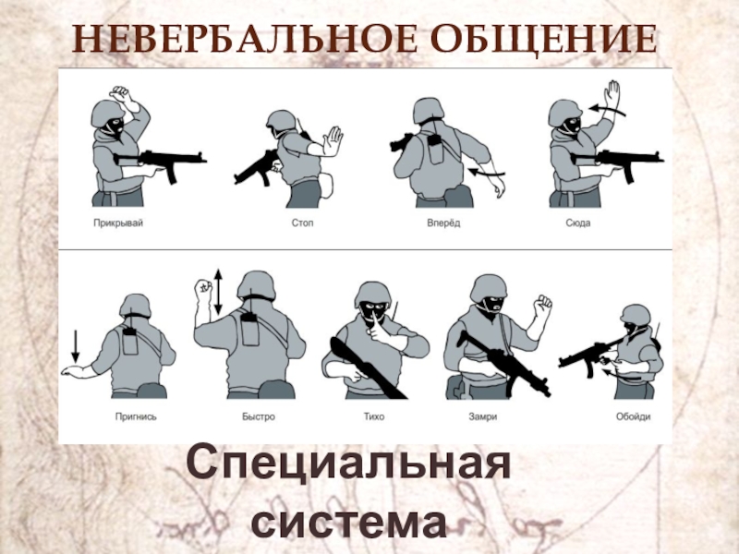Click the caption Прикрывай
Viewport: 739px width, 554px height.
pyautogui.click(x=118, y=223)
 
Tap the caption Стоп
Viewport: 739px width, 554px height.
pyautogui.click(x=302, y=223)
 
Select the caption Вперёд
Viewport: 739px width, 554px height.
pyautogui.click(x=443, y=223)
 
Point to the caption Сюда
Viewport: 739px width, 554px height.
pyautogui.click(x=578, y=223)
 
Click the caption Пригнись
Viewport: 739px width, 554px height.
pyautogui.click(x=136, y=417)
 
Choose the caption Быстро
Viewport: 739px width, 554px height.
pyautogui.click(x=259, y=417)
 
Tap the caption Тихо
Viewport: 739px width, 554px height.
pyautogui.click(x=374, y=417)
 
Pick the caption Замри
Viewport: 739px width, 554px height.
pyautogui.click(x=482, y=417)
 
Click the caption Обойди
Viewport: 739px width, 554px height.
pyautogui.click(x=634, y=416)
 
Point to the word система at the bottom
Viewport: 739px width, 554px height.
pyautogui.click(x=349, y=521)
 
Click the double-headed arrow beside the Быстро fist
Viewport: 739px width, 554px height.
pyautogui.click(x=218, y=292)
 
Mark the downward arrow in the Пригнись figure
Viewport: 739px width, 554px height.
pyautogui.click(x=76, y=346)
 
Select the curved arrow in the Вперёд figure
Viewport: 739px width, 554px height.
pyautogui.click(x=487, y=173)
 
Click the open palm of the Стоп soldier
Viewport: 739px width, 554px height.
pyautogui.click(x=333, y=139)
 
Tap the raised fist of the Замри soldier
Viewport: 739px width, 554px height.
pyautogui.click(x=542, y=306)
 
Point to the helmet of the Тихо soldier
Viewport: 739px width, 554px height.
pyautogui.click(x=373, y=293)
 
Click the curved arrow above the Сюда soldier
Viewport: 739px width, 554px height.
pyautogui.click(x=607, y=110)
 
